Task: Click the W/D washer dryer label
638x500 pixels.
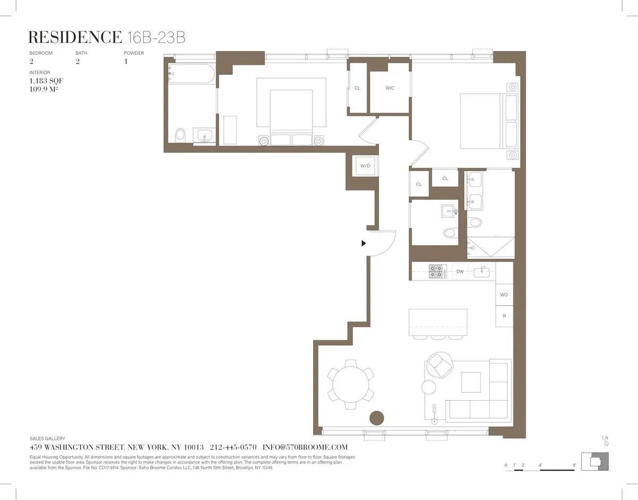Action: point(365,166)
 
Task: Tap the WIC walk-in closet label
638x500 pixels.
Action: point(390,88)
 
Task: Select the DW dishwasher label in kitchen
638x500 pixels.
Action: point(460,272)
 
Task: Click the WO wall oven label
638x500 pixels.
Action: point(504,294)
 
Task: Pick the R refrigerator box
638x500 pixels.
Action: point(504,316)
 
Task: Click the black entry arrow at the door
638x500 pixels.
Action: point(364,243)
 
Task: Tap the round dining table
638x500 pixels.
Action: point(350,380)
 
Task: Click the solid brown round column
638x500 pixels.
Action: point(377,418)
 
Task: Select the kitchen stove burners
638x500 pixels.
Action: point(437,272)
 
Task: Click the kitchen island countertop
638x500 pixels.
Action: point(438,322)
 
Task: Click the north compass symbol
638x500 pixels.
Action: point(606,442)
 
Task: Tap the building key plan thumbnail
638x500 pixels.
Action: point(594,460)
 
